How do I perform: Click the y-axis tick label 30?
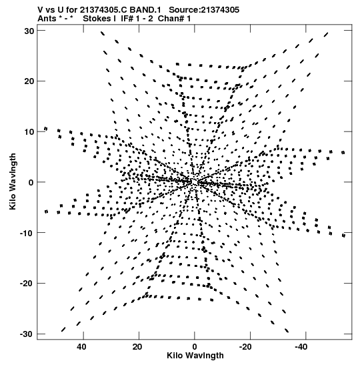[x=29, y=31]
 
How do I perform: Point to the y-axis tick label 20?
[x=29, y=81]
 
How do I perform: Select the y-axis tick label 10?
[x=29, y=131]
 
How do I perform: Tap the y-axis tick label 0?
[x=31, y=182]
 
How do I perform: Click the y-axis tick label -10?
[x=27, y=233]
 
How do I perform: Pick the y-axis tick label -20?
[x=27, y=284]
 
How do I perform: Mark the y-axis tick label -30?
[x=27, y=334]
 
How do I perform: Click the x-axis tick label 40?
[x=81, y=347]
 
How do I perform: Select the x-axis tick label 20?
[x=137, y=347]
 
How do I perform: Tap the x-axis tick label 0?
[x=195, y=347]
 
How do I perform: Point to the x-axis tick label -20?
[x=245, y=347]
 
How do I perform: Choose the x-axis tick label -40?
[x=301, y=347]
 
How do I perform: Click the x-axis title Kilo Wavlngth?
[x=195, y=356]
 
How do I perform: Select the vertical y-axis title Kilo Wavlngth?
[x=13, y=181]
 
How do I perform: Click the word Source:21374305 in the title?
[x=204, y=10]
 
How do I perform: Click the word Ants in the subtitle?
[x=47, y=19]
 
